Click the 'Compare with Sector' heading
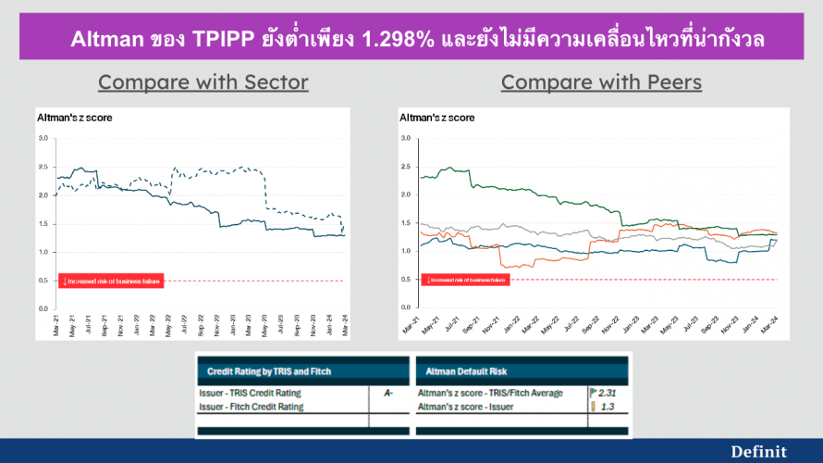tap(203, 81)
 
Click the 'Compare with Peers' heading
tap(601, 81)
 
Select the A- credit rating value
tap(387, 394)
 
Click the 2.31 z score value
tap(607, 394)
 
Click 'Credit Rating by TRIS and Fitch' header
tap(267, 371)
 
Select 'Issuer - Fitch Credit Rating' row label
tap(252, 406)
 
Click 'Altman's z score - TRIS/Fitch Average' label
tap(490, 394)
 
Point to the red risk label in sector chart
tap(111, 281)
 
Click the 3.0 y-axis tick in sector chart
tap(43, 138)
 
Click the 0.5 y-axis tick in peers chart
tap(406, 280)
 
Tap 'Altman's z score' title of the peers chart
tap(436, 118)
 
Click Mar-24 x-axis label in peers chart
tap(775, 324)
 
